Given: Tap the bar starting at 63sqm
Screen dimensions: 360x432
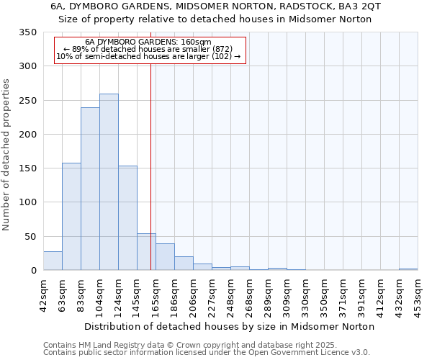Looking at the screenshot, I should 71,217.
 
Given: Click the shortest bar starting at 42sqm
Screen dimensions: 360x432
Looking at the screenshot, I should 53,261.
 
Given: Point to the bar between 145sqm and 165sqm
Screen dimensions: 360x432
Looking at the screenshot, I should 146,252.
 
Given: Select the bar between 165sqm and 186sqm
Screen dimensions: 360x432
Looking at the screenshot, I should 165,257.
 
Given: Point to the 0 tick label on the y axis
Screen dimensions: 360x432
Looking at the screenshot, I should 33,271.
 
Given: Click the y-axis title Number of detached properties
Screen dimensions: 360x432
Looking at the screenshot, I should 8,155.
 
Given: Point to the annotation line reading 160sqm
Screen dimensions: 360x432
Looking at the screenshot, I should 148,42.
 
